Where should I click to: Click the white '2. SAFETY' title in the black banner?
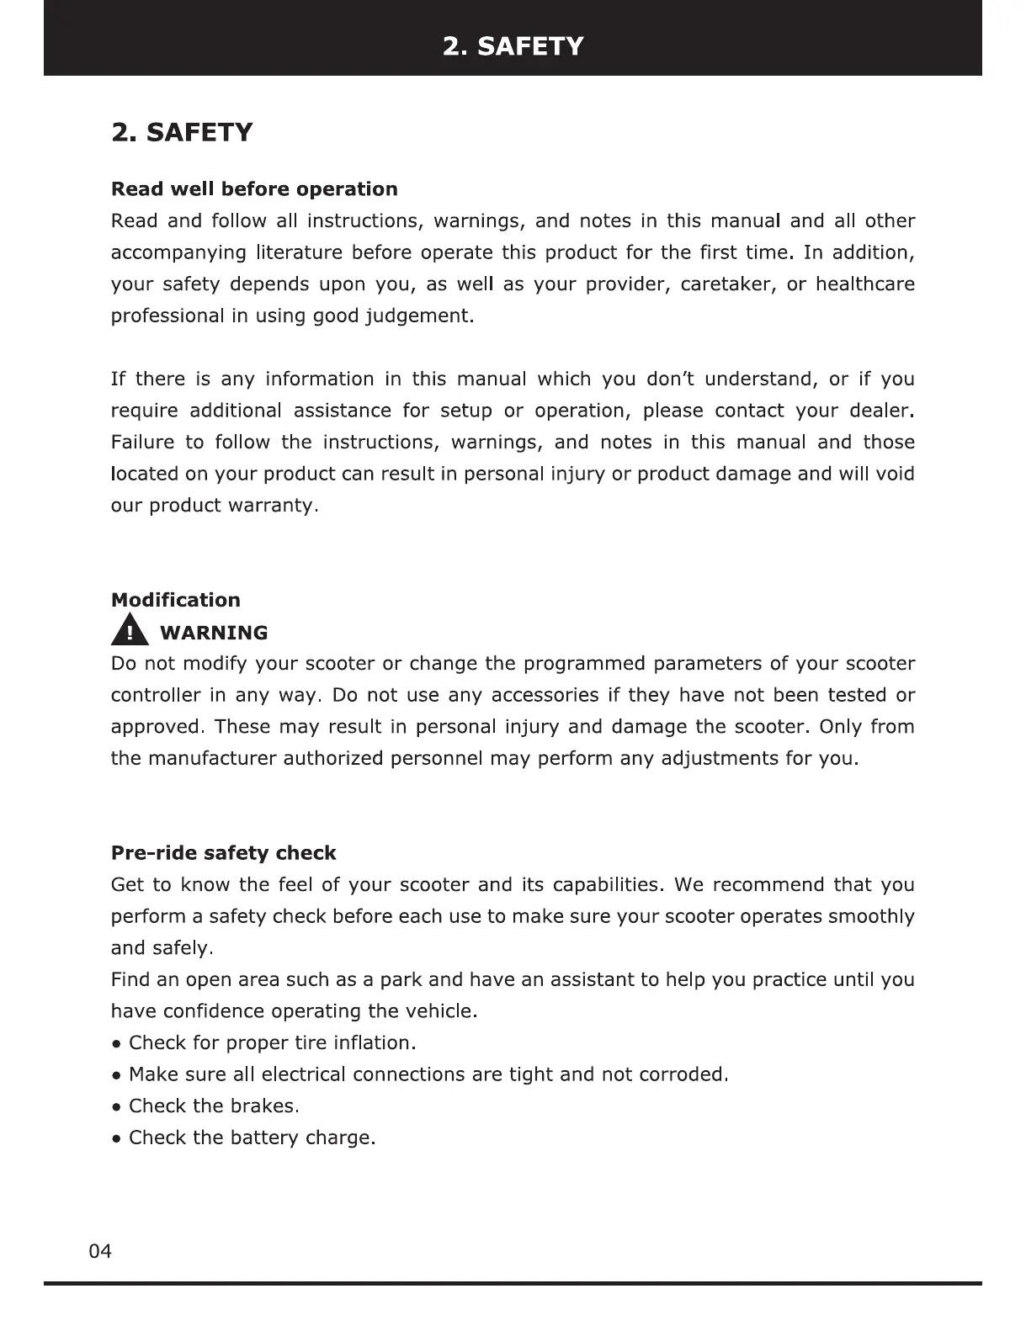point(513,45)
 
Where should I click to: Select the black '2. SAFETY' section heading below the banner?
point(182,132)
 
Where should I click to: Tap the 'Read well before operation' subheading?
point(254,188)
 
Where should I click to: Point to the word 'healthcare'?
point(864,284)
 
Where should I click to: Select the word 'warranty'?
point(271,506)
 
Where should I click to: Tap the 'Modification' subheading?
point(175,600)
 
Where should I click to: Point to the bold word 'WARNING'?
point(214,633)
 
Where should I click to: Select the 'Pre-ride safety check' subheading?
point(223,853)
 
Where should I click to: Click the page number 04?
point(99,1251)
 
